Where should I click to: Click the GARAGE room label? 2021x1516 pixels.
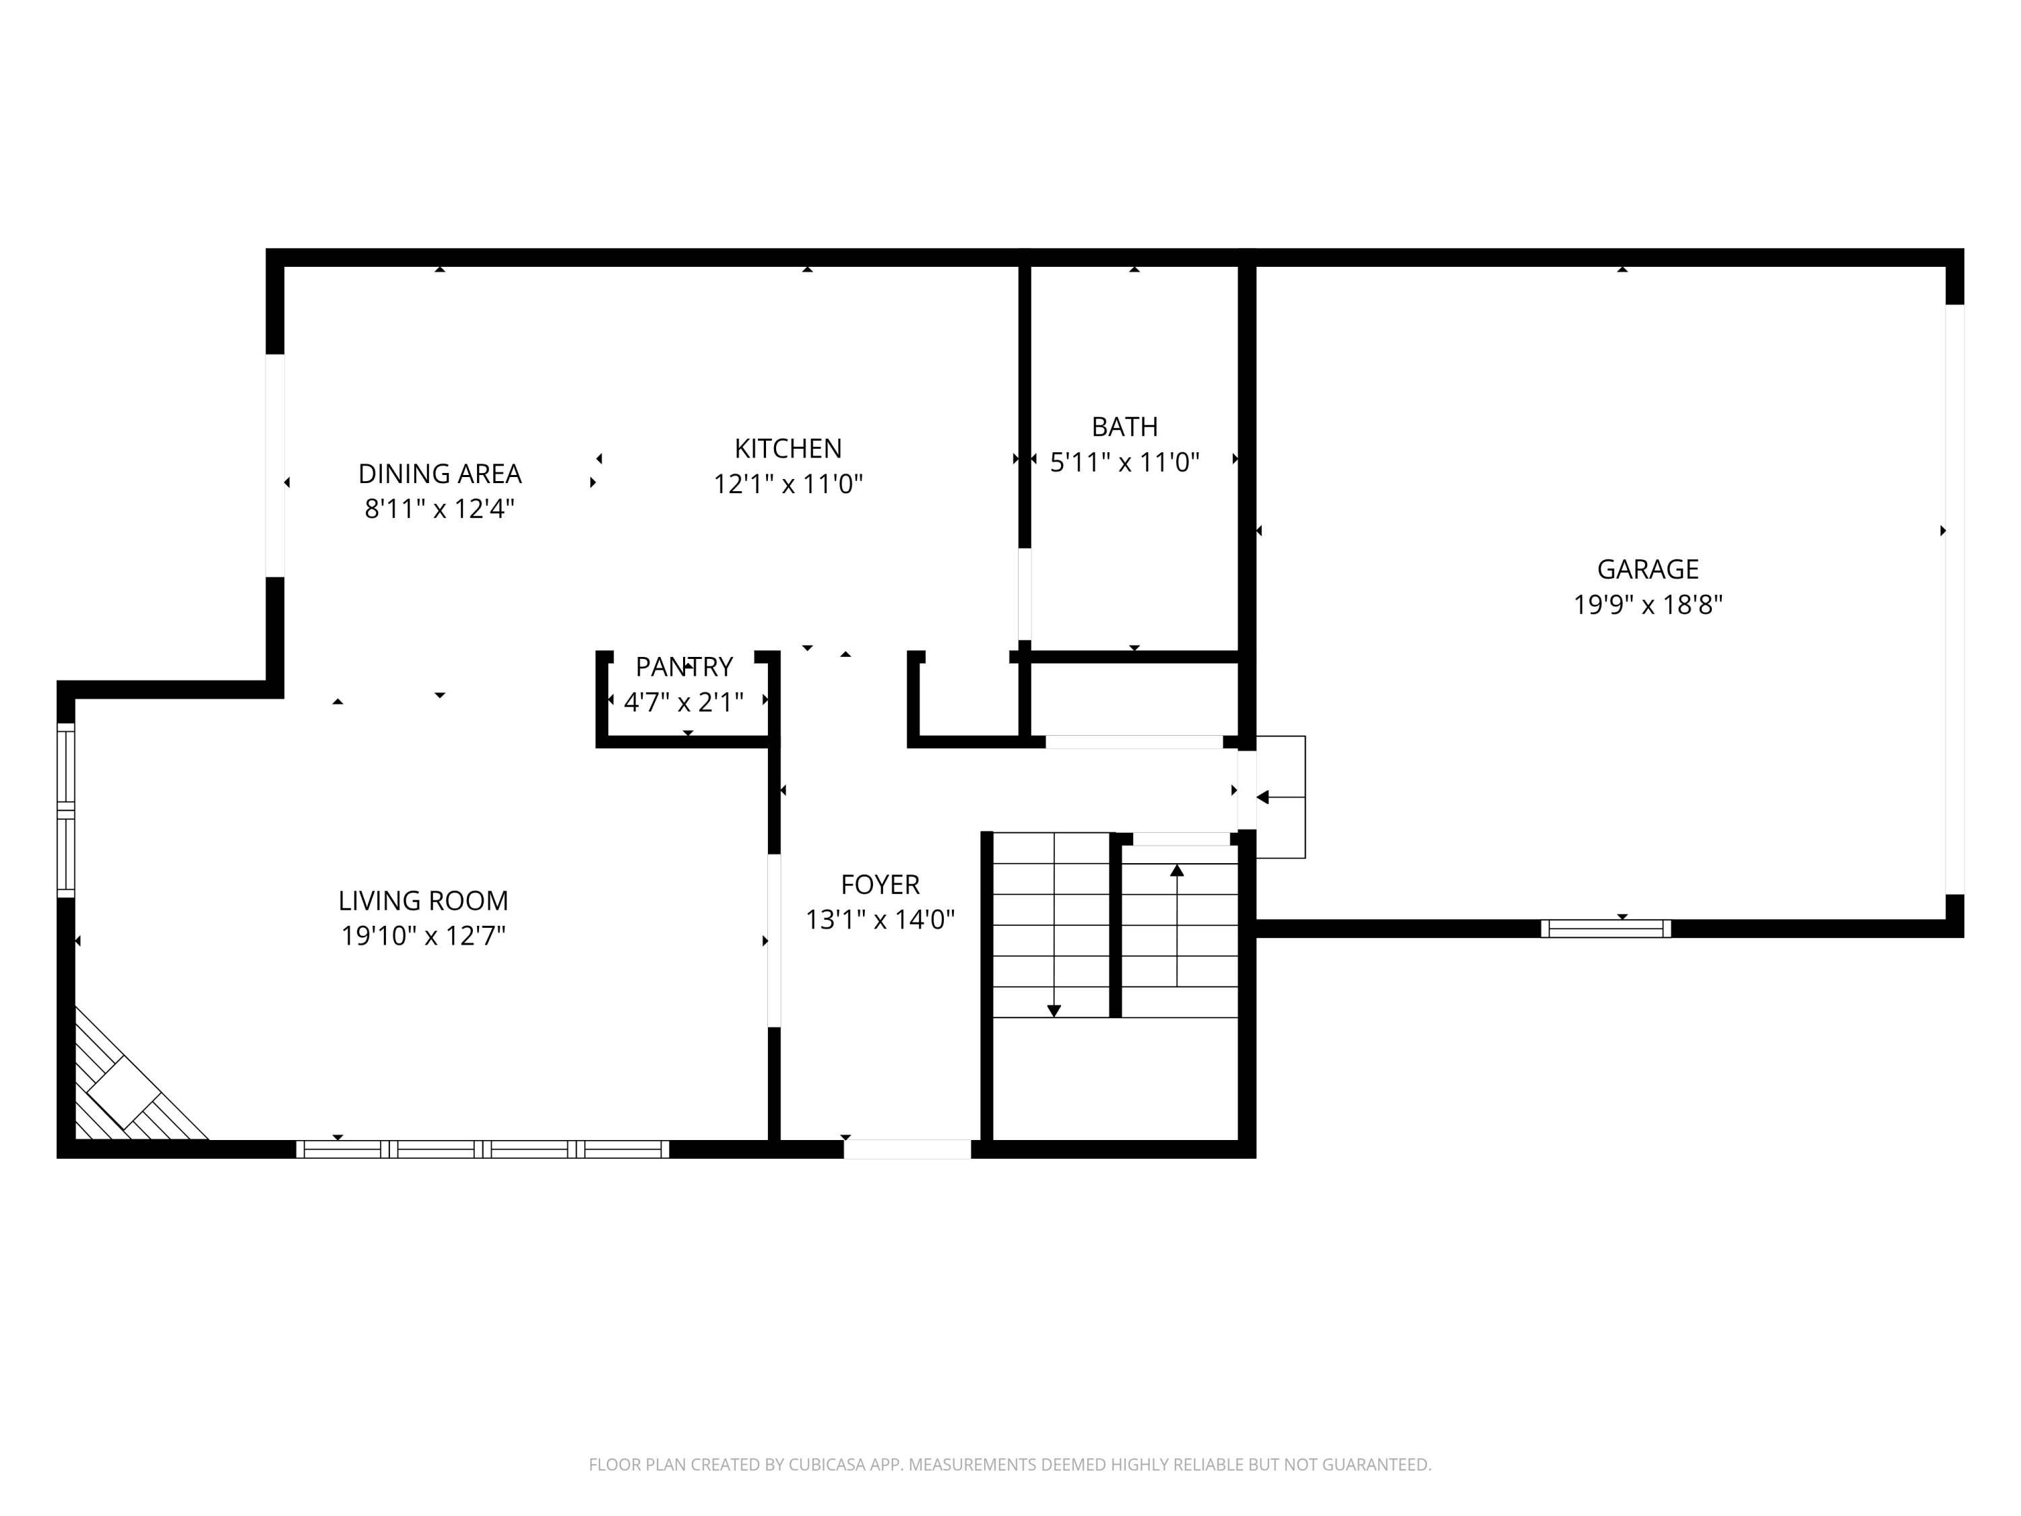click(x=1647, y=569)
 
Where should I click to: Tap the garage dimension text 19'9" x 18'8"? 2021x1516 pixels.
click(x=1647, y=605)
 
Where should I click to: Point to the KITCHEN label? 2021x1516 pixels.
click(x=788, y=449)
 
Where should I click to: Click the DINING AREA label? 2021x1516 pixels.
click(x=439, y=474)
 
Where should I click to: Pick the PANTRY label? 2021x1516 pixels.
click(x=683, y=666)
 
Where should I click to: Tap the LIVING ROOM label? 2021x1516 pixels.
click(x=423, y=901)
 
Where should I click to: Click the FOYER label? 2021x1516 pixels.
click(x=880, y=885)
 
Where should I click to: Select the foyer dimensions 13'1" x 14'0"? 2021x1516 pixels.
click(x=880, y=919)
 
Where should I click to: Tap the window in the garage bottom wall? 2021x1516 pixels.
click(x=1605, y=928)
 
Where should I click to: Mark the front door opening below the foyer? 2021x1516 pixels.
click(x=906, y=1149)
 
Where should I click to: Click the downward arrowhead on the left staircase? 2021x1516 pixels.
click(x=1054, y=1011)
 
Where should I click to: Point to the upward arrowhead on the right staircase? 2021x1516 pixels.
click(x=1177, y=871)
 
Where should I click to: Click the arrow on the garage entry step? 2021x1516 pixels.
click(x=1264, y=798)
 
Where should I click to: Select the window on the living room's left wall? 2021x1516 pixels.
click(x=66, y=810)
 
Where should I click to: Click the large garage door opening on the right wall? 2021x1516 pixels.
click(x=1954, y=598)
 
